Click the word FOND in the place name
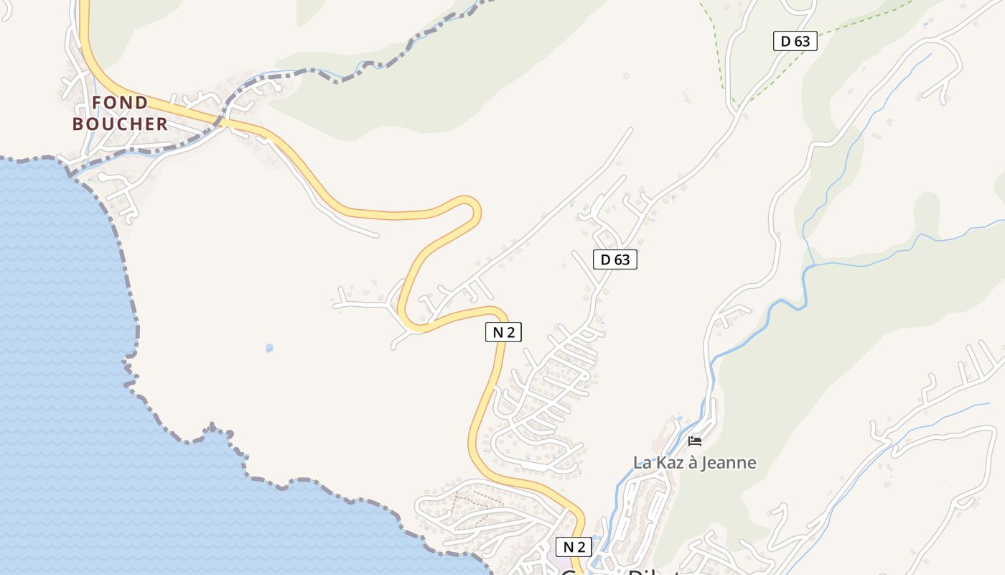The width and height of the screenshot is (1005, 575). [120, 103]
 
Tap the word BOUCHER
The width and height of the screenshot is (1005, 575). [120, 124]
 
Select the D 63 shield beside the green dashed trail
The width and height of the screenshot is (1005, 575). [795, 41]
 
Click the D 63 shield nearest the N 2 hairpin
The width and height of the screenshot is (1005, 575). [615, 259]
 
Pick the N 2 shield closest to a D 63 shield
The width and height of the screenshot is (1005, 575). [503, 332]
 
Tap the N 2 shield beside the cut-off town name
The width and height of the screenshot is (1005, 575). [574, 546]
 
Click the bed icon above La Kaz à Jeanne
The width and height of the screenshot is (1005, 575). [694, 441]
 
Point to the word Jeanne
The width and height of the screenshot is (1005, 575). [728, 462]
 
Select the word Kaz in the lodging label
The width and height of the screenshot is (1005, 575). [668, 462]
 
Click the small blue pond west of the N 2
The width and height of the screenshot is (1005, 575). [269, 348]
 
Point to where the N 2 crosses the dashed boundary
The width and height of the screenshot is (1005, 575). [224, 121]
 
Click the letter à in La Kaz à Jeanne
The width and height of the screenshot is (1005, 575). [693, 462]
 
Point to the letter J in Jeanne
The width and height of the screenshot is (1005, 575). [706, 462]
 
